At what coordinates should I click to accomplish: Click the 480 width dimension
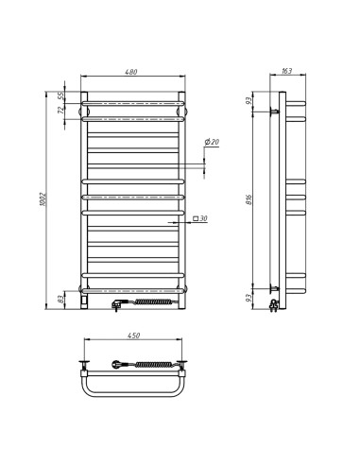(133, 73)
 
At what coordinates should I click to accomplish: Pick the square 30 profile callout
(200, 219)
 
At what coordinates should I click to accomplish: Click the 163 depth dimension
(286, 73)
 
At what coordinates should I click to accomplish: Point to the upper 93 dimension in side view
(249, 100)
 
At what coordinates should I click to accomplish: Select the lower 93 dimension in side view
(249, 299)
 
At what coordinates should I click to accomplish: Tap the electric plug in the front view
(117, 303)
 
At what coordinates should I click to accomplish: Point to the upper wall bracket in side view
(275, 112)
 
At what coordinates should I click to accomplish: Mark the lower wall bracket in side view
(275, 287)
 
